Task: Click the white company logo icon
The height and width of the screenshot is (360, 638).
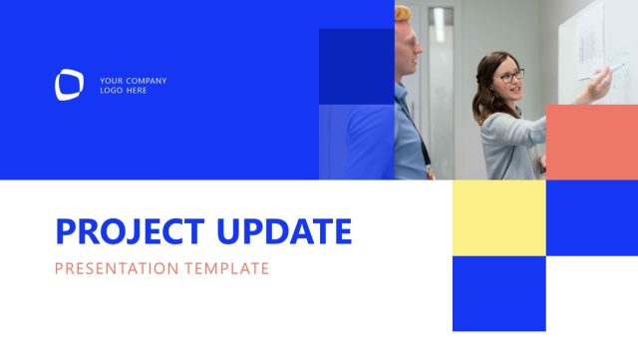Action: tap(70, 85)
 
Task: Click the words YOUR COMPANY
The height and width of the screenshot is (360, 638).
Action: tap(133, 81)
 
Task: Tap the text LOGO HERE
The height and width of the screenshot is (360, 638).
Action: tap(123, 91)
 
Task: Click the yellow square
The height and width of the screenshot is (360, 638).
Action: tap(498, 217)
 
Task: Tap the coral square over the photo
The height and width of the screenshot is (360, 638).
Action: tap(591, 142)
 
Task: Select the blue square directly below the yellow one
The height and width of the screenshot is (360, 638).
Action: tap(498, 293)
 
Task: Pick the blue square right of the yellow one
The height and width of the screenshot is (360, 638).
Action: tap(591, 217)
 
